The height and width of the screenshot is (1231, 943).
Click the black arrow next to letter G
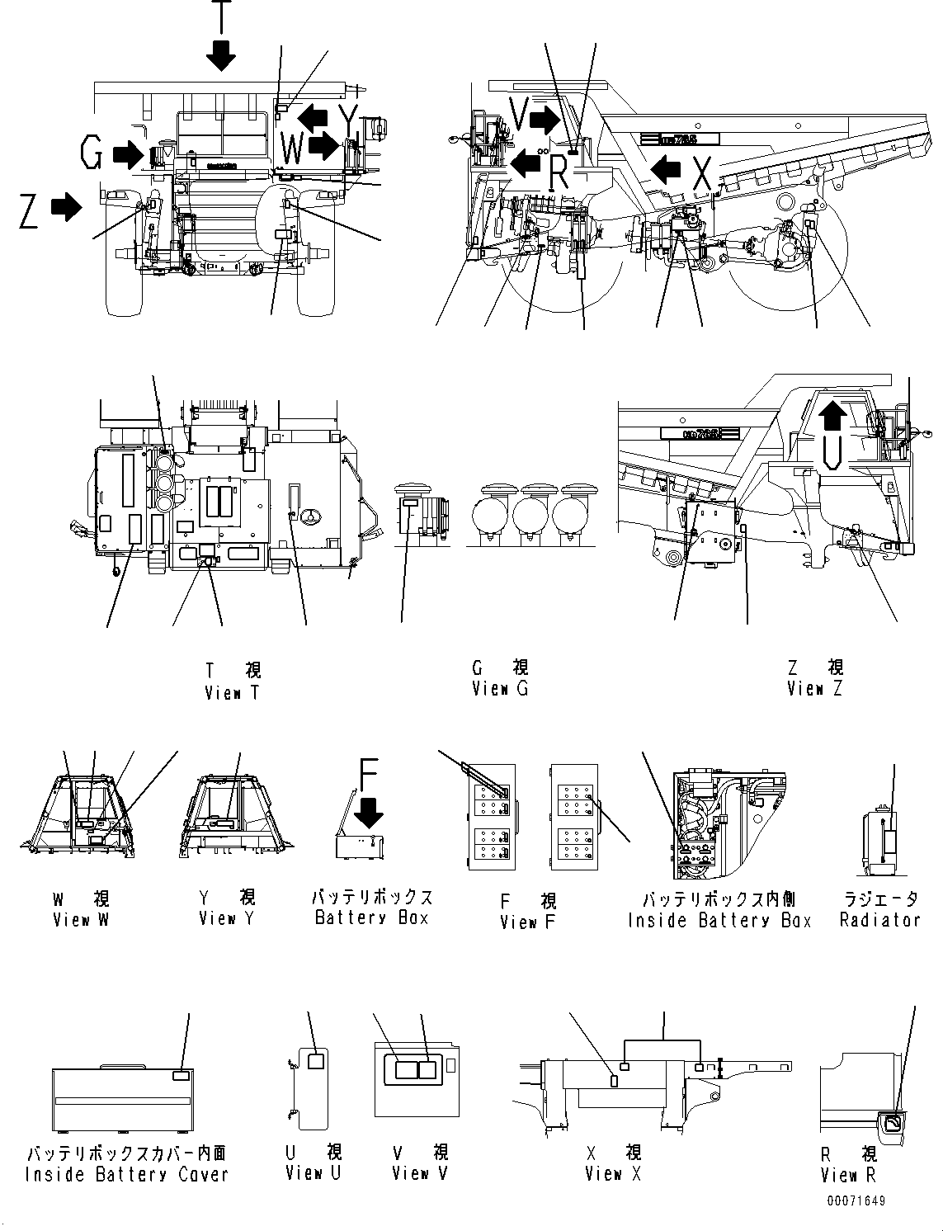(126, 153)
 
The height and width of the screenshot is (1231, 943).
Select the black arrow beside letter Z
(66, 207)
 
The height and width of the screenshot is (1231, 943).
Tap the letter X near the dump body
(700, 173)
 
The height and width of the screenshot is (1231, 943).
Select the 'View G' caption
(499, 688)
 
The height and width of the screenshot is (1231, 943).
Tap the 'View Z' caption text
(814, 688)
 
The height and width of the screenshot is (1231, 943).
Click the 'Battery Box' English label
(371, 917)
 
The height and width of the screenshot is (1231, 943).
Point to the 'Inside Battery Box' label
(719, 921)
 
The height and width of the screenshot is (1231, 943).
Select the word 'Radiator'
(879, 920)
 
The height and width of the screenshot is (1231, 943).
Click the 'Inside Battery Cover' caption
(126, 1174)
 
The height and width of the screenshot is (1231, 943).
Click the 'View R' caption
(848, 1175)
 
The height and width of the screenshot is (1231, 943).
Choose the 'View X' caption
(612, 1173)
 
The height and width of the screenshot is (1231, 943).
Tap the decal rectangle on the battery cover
(181, 1076)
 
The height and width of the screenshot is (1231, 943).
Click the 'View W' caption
(80, 919)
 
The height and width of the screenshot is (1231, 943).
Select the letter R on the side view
(558, 173)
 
